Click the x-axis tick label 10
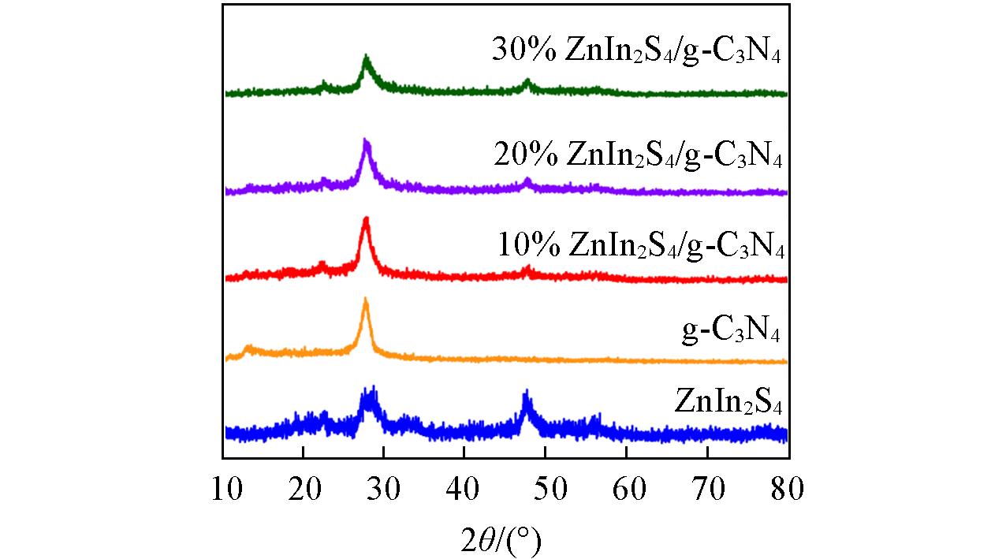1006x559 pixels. [224, 490]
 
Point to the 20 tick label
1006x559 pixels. [304, 490]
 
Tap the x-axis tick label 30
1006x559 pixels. [385, 490]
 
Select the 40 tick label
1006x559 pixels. [465, 490]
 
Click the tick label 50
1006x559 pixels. [546, 490]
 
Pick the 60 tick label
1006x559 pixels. [627, 490]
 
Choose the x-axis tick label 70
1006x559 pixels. [707, 490]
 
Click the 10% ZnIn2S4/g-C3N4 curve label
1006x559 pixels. [641, 244]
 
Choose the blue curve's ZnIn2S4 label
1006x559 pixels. [728, 401]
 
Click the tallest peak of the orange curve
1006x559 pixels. [365, 300]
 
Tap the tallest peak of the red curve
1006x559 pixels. [365, 219]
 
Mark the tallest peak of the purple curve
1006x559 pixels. [365, 140]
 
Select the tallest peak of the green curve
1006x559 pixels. [366, 58]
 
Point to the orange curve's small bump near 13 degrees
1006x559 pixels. [248, 347]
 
